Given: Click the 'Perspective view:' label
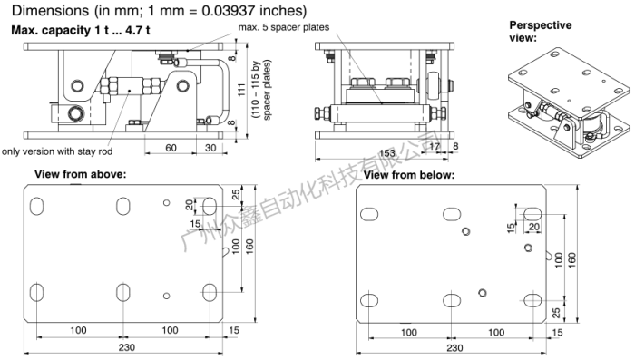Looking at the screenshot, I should coord(539,31).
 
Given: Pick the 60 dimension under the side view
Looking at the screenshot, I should coord(170,147).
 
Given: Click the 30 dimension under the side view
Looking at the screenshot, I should coord(210,147).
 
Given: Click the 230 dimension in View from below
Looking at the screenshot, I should coord(455,346).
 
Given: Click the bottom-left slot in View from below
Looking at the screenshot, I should coord(370,300).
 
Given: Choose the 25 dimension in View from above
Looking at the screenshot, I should coord(236,193).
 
